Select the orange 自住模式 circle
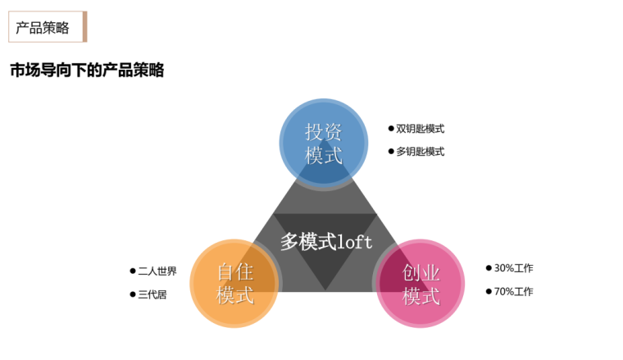pos(234,283)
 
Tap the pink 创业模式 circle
pos(421,284)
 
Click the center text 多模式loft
pos(325,241)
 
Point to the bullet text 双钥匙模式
pos(420,129)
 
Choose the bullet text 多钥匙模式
pos(420,152)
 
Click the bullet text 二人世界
pos(157,271)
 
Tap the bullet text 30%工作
pos(513,268)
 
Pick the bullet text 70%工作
pos(513,291)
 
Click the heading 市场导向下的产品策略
pos(87,71)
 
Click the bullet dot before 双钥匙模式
pos(391,129)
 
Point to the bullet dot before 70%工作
pos(489,291)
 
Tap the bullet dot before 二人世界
pos(133,271)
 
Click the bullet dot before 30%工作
pos(489,268)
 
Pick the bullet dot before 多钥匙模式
pos(391,152)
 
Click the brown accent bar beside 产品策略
pos(84,27)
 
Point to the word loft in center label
pos(354,241)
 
